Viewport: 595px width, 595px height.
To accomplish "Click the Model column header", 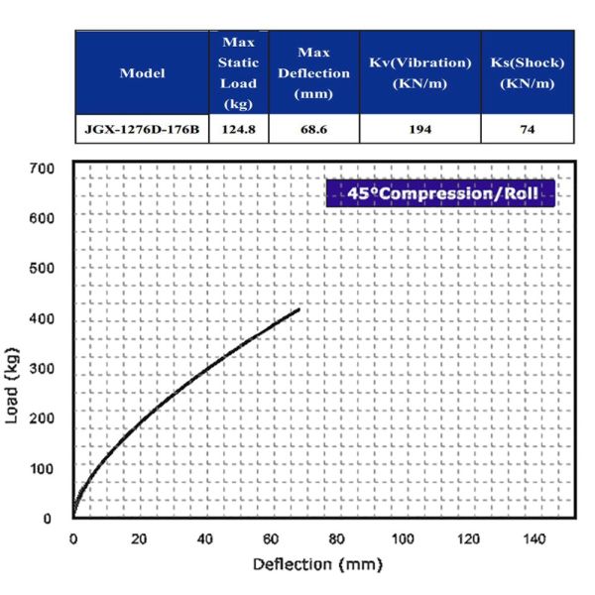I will (142, 73).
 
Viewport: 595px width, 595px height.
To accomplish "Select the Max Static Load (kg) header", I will (238, 73).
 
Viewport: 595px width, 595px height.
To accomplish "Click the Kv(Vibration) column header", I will (419, 73).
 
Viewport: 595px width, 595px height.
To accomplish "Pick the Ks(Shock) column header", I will (527, 73).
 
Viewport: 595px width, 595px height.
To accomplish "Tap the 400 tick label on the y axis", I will (42, 317).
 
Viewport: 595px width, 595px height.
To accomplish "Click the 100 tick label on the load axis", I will (42, 467).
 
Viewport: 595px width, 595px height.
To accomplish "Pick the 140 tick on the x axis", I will (535, 538).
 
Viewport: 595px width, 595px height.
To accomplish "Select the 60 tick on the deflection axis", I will (271, 538).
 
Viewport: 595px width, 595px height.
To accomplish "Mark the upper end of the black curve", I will (298, 309).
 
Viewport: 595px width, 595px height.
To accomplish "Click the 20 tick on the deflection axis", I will (139, 538).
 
